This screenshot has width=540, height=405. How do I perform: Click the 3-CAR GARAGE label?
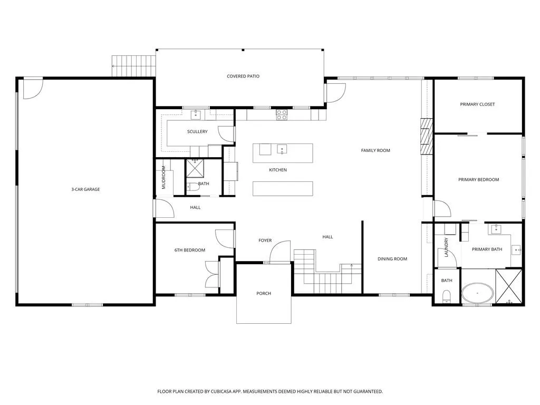(x=85, y=189)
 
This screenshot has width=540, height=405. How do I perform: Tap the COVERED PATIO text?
(x=243, y=76)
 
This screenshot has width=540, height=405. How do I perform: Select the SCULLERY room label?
(x=197, y=131)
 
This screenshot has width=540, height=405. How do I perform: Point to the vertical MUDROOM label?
(x=163, y=177)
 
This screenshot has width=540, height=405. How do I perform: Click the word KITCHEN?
(x=277, y=170)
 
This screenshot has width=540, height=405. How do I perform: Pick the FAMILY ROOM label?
(x=375, y=150)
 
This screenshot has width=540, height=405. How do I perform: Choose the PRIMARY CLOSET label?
(x=477, y=104)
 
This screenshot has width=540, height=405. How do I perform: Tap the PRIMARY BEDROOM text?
(x=478, y=180)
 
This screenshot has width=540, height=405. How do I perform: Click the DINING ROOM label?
(x=392, y=259)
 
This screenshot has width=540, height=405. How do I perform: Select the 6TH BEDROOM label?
(x=190, y=250)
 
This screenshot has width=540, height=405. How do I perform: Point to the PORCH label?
(x=264, y=293)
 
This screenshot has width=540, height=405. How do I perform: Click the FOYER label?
(x=265, y=240)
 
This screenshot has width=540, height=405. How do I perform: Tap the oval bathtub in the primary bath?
(x=477, y=293)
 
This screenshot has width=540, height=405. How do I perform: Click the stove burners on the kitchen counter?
(x=282, y=114)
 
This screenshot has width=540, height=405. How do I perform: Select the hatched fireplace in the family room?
(x=426, y=137)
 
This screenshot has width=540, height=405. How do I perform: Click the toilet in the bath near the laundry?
(x=446, y=296)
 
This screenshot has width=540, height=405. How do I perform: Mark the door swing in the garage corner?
(x=33, y=89)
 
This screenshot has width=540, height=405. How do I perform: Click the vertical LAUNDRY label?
(x=446, y=247)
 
